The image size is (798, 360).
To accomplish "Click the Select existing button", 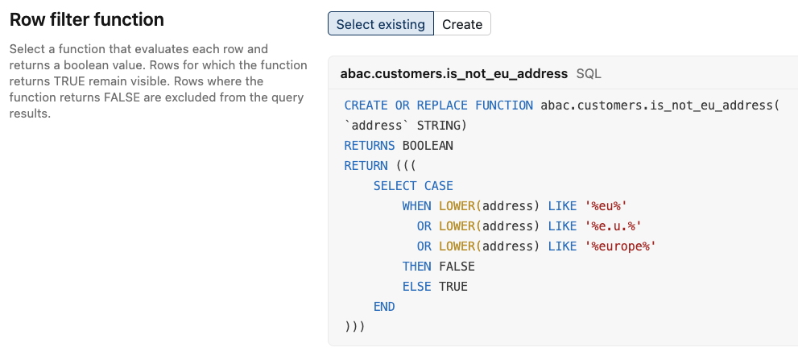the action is click(x=381, y=24).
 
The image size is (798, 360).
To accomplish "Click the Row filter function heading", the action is click(x=87, y=20).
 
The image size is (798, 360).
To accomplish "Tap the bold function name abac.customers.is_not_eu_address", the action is click(x=454, y=74).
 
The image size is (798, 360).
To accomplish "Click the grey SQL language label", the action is click(x=589, y=74).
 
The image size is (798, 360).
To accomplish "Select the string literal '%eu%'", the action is click(x=606, y=206).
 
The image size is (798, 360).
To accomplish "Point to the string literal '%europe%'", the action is click(x=620, y=246).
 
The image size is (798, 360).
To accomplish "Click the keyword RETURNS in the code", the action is click(x=370, y=146).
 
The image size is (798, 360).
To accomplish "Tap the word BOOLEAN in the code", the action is click(x=428, y=146).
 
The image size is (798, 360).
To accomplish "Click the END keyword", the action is click(x=384, y=307).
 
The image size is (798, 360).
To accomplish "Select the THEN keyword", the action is click(x=416, y=267).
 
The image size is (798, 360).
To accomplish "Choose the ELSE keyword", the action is click(x=416, y=287).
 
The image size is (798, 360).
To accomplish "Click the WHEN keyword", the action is click(x=416, y=206).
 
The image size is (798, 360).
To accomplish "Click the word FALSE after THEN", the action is click(x=457, y=267).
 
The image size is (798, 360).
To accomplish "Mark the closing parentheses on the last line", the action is click(x=355, y=327).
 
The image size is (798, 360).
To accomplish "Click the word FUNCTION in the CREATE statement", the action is click(x=504, y=106).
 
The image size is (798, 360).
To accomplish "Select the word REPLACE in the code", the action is click(x=442, y=106).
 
